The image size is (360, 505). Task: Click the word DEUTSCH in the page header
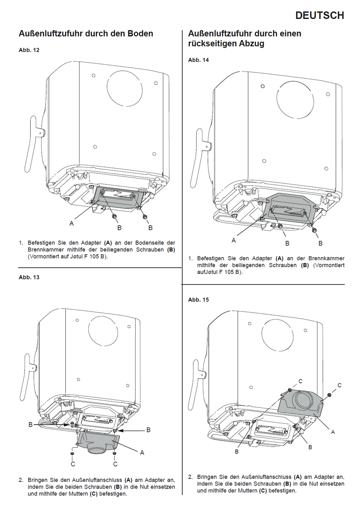point(320,16)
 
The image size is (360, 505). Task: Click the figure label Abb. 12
point(29,50)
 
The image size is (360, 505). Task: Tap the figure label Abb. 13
point(29,277)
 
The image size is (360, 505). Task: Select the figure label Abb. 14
point(198,60)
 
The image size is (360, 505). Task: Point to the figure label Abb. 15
point(198,300)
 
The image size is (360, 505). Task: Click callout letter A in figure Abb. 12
point(72,224)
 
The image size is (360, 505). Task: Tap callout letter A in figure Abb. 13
point(142,452)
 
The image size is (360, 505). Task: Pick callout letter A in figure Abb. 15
point(333,432)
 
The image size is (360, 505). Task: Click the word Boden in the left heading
point(140,33)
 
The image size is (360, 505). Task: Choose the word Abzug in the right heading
point(251,43)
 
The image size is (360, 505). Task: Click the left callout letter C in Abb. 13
point(73,464)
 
